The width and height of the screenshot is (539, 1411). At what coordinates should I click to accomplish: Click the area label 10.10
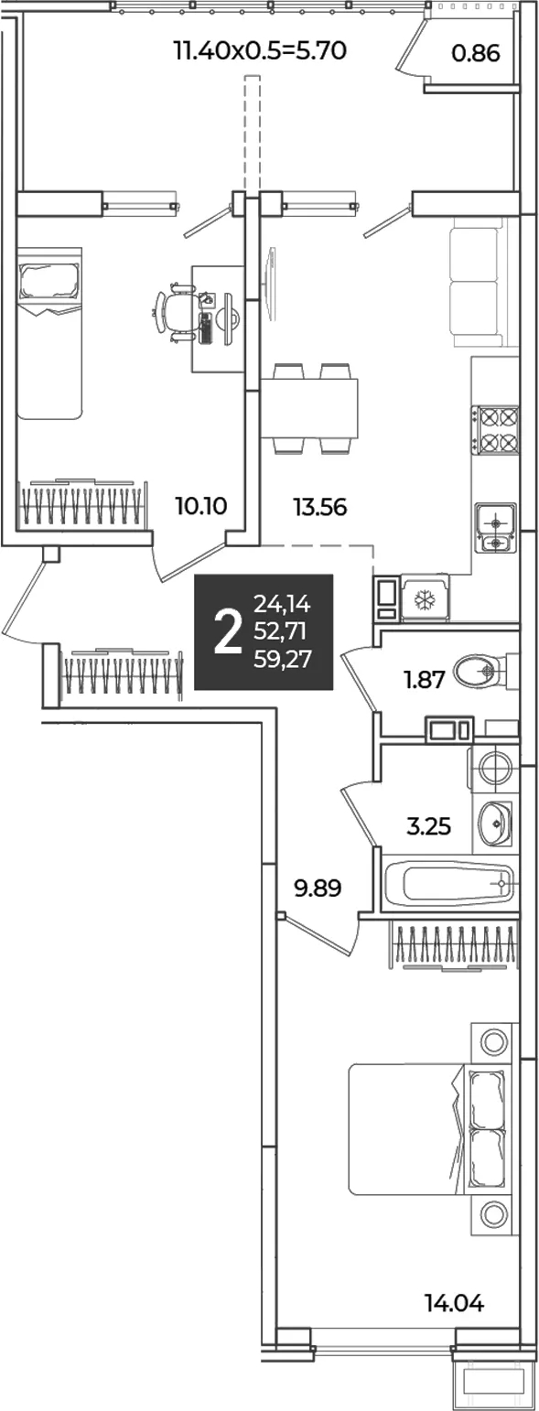pos(201,505)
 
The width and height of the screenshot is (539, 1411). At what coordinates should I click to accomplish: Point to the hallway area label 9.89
pos(318,889)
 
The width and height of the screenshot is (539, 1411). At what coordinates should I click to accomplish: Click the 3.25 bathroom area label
pos(429,825)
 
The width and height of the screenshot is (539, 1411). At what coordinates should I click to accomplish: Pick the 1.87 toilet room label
pos(425,680)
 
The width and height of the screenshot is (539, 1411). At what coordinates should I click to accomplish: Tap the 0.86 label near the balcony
pos(476,54)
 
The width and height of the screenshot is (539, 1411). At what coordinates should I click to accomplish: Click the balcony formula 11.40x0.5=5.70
pos(260,49)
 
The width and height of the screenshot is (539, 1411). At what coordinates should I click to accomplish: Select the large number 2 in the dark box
pos(228,633)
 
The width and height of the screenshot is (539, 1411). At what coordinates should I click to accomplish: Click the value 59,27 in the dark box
pos(282,660)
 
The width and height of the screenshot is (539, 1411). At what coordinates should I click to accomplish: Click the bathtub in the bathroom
pos(449,883)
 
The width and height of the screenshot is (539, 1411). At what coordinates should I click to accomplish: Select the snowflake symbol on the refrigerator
pos(424,600)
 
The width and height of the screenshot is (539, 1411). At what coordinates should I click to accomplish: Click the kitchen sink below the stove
pos(496,529)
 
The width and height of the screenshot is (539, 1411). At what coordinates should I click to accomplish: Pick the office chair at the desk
pos(171,312)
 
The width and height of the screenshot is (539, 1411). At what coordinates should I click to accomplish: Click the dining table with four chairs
pos(309,407)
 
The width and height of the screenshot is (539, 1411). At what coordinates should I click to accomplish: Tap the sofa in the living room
pos(478,286)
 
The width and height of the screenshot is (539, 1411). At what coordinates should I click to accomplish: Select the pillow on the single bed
pos(50,282)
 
